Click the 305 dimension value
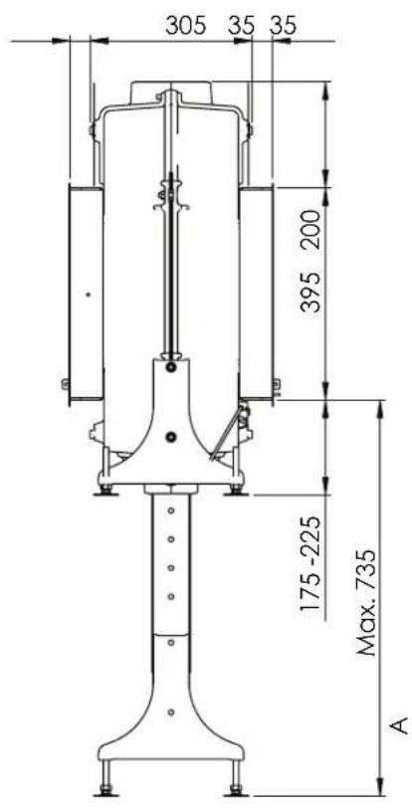[x=184, y=27]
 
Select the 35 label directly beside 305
[x=242, y=27]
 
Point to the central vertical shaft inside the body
[x=173, y=269]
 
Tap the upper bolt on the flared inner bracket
[x=172, y=368]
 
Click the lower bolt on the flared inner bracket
[x=172, y=435]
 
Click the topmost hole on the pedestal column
[x=171, y=508]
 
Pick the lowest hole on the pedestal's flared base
[x=171, y=710]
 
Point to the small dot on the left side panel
[x=88, y=295]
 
